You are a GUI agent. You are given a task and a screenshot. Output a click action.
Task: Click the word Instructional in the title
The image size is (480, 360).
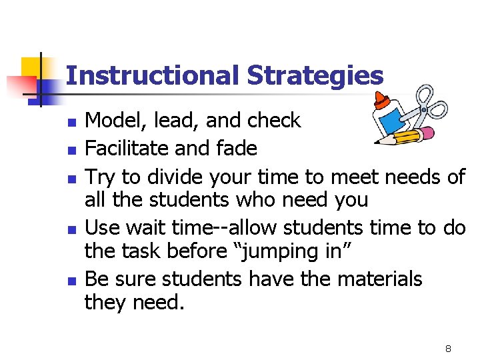tap(153, 75)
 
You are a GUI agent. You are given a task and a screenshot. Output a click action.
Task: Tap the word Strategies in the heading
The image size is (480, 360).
tap(315, 75)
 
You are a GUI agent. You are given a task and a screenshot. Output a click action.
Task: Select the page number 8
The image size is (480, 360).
tap(449, 349)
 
